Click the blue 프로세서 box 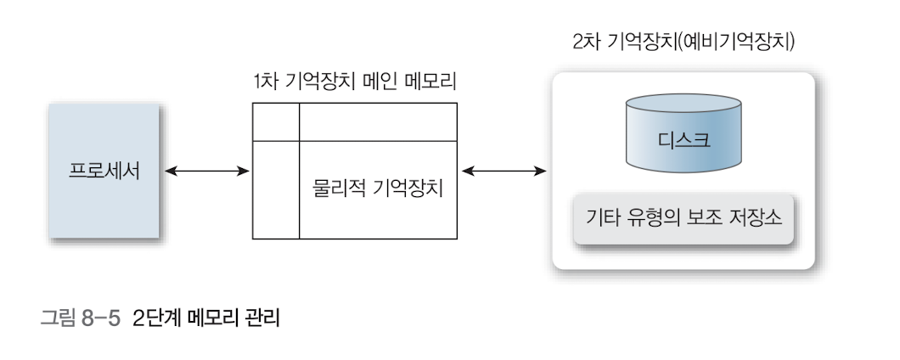coord(104,172)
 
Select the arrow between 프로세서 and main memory coord(206,172)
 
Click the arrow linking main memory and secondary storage coord(503,172)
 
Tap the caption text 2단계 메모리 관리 coord(205,320)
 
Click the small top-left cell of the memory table coord(276,121)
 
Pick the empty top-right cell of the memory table coord(378,121)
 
